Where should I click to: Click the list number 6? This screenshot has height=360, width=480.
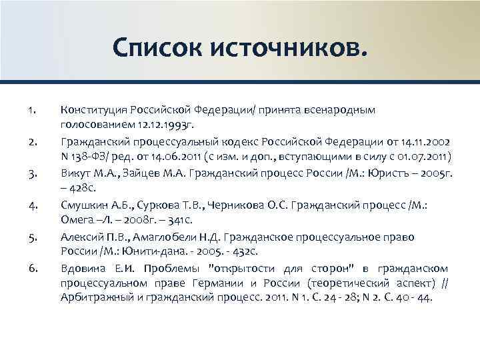point(31,269)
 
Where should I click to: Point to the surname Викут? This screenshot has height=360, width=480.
point(74,173)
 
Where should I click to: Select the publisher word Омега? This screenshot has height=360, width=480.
point(75,220)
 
